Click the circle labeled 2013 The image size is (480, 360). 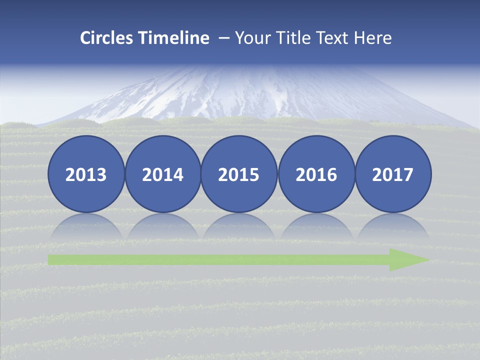(86, 174)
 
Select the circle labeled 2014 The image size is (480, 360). (163, 174)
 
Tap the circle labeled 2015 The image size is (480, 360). (239, 174)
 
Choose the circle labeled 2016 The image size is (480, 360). (316, 174)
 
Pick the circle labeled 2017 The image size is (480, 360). (393, 174)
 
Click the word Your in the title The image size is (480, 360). (252, 38)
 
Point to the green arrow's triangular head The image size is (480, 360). (407, 259)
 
